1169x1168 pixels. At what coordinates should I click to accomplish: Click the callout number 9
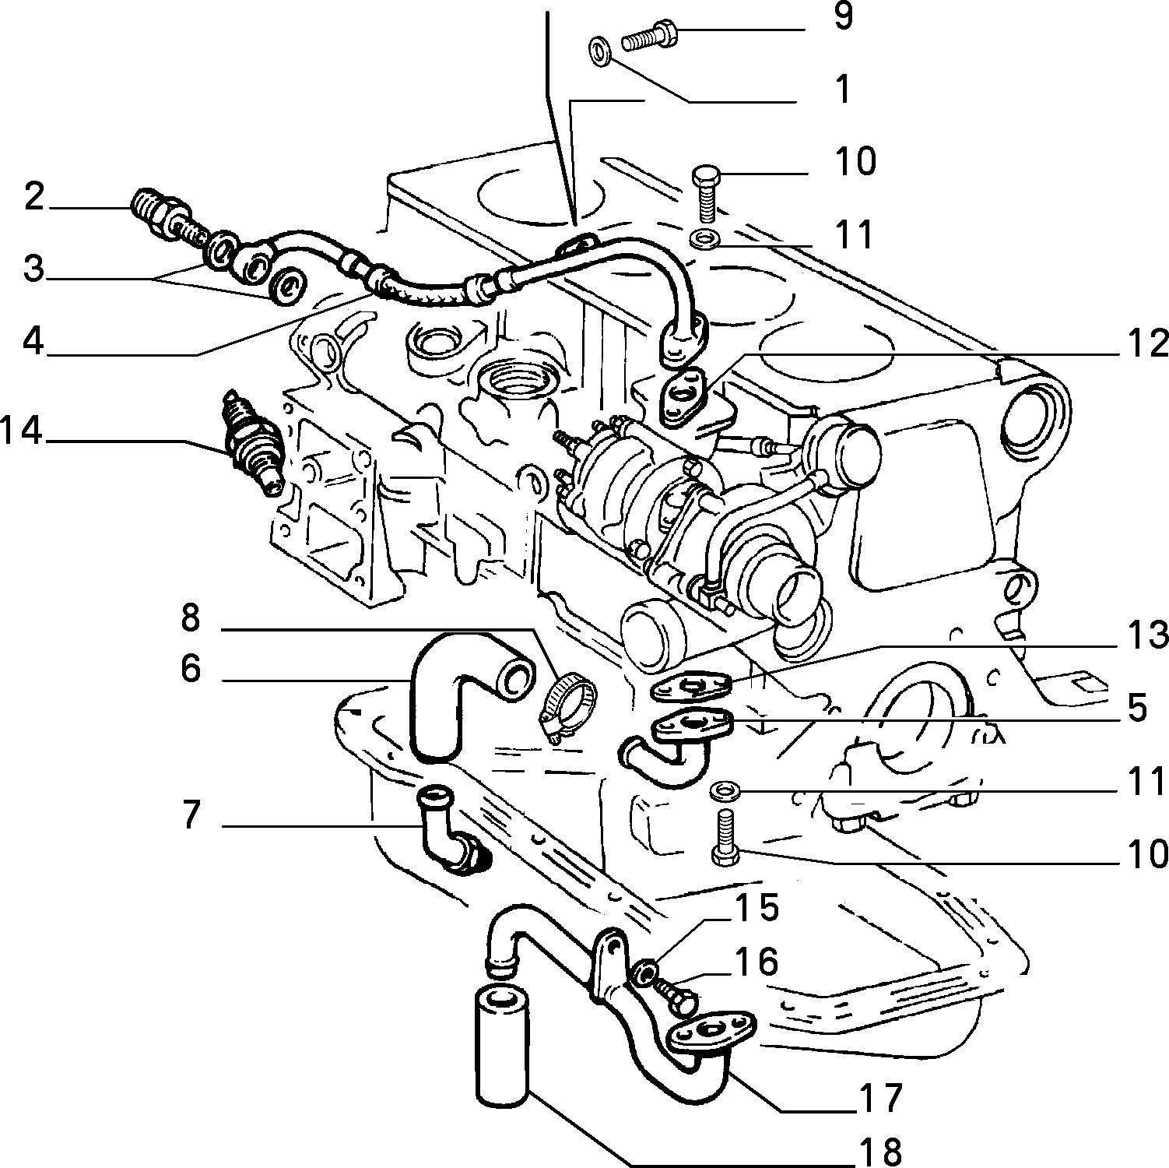click(x=843, y=16)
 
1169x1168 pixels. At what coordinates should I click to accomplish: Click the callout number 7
click(x=191, y=816)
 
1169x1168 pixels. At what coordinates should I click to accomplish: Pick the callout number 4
click(x=33, y=339)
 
